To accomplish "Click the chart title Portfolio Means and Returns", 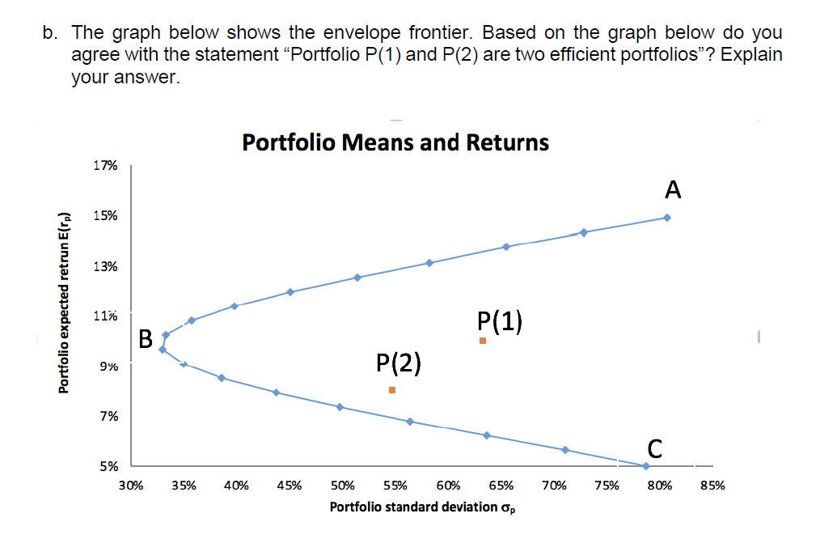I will (x=395, y=142).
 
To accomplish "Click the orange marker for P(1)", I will (x=483, y=341).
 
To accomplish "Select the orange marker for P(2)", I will (x=392, y=390).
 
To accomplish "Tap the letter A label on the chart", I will (x=673, y=190).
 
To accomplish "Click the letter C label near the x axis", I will (x=656, y=448).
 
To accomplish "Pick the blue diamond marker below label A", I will (x=666, y=218).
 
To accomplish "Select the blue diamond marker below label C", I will (x=645, y=466).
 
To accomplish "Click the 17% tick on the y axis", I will (x=105, y=166).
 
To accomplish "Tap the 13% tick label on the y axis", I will (x=105, y=266).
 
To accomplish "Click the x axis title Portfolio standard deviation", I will (x=422, y=507).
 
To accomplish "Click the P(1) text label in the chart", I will (x=500, y=321).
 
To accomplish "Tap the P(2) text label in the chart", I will (x=399, y=363).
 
